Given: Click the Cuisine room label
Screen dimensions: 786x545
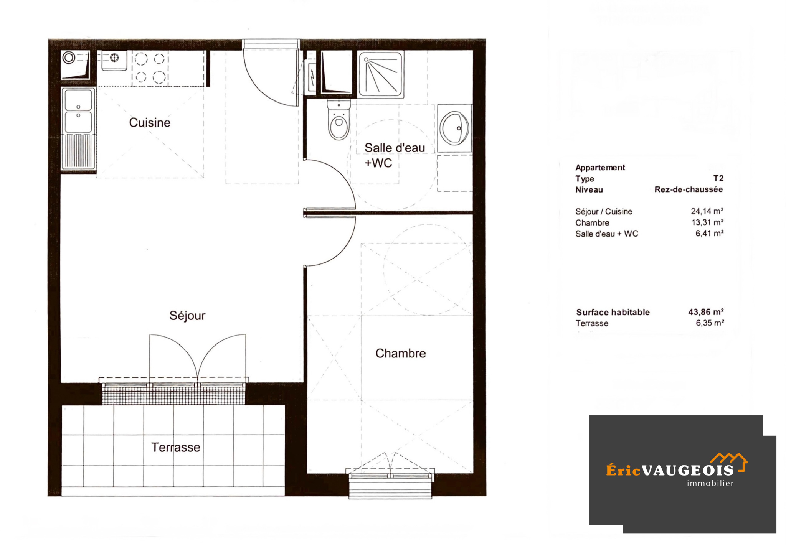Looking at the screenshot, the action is coord(150,123).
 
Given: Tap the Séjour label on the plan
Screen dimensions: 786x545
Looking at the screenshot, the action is coord(187,316).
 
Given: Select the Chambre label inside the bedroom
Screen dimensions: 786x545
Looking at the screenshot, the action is coord(401,353).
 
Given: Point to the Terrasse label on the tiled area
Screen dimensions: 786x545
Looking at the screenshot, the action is coord(176,447).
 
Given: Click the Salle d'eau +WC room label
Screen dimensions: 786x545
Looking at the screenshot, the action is coord(395,155).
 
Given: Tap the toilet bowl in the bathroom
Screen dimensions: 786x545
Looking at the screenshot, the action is coord(339,120).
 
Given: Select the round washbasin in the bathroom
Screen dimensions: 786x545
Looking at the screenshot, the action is coord(455,128).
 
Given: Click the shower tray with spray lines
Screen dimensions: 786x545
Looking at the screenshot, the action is coord(381,75).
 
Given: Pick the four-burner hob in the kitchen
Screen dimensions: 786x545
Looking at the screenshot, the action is coord(150,68).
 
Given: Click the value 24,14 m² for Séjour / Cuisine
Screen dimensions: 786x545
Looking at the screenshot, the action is coord(707,211).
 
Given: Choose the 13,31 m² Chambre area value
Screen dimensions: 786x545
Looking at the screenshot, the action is coord(707,222).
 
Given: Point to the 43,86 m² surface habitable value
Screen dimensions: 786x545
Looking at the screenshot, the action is coord(706,312).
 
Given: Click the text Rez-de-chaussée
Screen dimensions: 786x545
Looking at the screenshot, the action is coord(689,189).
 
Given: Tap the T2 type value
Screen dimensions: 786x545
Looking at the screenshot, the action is coord(718,178).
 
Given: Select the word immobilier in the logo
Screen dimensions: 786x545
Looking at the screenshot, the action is coord(710,484).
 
